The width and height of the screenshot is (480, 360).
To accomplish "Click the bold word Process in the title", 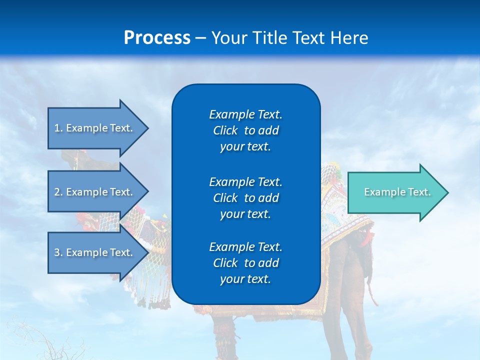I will (x=157, y=38).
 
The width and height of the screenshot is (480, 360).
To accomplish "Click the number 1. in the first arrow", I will (x=58, y=128).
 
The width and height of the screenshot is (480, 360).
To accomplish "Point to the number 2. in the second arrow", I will (x=58, y=192).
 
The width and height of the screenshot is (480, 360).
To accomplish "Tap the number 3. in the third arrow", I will (x=58, y=252).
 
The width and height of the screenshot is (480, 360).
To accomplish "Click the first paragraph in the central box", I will (x=245, y=130).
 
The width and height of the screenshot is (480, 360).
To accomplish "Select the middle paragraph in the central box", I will (x=245, y=197).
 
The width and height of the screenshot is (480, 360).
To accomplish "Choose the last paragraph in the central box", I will (x=245, y=263).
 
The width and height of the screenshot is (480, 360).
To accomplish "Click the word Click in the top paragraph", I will (x=225, y=130).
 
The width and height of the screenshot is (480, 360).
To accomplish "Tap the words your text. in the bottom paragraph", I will (x=245, y=279).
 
